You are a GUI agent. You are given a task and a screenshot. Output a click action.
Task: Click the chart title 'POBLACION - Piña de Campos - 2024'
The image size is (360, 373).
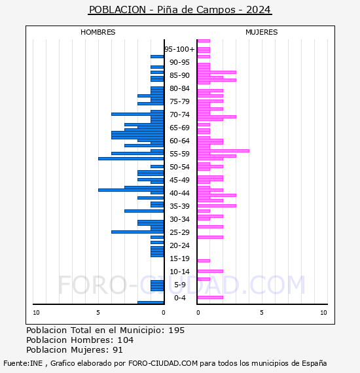pos(180,10)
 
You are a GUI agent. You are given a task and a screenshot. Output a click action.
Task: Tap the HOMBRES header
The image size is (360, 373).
pos(98,32)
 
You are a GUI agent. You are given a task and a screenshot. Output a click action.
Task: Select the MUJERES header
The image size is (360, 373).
pos(262,32)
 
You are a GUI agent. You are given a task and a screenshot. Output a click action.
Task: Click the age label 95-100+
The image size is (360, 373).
pos(179,49)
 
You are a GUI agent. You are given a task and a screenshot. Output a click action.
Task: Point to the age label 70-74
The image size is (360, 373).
pos(179,115)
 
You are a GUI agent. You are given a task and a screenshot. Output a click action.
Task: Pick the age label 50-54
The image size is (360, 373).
pos(179,167)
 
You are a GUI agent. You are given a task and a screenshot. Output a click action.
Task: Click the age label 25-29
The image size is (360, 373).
pos(179,232)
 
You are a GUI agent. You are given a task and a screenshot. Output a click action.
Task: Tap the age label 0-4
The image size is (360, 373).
pos(179,298)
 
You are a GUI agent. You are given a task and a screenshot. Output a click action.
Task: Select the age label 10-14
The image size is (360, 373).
pos(179,272)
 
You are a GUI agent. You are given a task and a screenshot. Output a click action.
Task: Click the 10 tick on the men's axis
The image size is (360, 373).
pos(36,313)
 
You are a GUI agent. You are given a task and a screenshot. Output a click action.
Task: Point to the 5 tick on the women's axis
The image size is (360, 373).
pos(262,313)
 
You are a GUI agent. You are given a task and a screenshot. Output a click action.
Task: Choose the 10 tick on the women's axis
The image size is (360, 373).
pos(323,313)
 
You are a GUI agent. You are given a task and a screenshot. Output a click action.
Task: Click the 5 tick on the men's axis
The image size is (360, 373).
pos(98,313)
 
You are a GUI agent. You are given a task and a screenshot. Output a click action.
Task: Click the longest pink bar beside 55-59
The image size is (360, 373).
pos(223,151)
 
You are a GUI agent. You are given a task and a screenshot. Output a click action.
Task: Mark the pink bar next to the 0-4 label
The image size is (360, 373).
pos(210,297)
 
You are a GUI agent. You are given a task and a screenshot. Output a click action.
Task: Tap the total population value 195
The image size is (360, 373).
pos(176,330)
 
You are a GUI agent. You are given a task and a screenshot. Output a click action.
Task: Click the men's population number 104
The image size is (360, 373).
pos(126,340)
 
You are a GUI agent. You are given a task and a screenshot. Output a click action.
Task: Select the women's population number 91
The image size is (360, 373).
pos(118,350)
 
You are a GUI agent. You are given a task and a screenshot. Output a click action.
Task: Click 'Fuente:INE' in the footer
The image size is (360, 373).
pos(23,363)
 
